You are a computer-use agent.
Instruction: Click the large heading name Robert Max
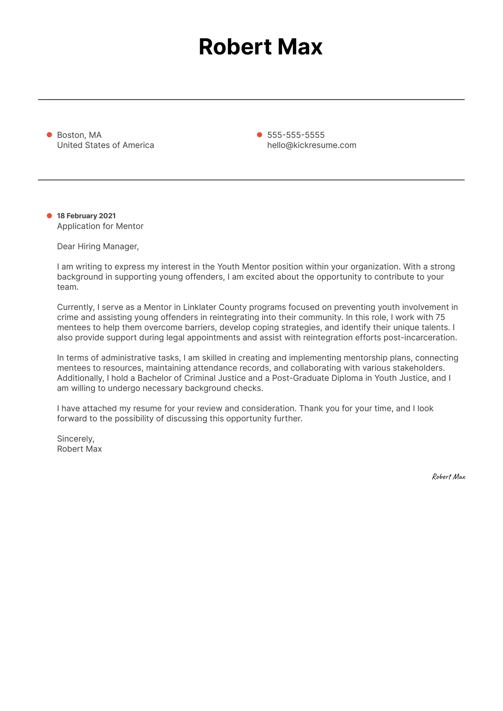[260, 47]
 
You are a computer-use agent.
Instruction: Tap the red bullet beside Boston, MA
[49, 135]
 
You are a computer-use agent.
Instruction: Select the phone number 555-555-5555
[296, 135]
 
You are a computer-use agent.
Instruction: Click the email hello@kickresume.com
[311, 145]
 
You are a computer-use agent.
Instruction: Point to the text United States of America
[106, 145]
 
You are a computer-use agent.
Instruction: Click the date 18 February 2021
[86, 216]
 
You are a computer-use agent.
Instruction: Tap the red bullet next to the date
[49, 216]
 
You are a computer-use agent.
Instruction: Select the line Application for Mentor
[100, 226]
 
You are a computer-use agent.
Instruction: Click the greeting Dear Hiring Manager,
[98, 246]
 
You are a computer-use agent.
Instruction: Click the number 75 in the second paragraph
[440, 317]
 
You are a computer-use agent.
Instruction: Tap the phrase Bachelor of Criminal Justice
[192, 378]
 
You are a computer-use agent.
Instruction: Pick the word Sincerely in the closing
[75, 439]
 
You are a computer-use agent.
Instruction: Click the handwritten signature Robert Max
[448, 477]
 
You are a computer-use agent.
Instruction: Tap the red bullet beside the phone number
[259, 135]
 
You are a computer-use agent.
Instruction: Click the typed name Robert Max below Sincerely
[79, 449]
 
